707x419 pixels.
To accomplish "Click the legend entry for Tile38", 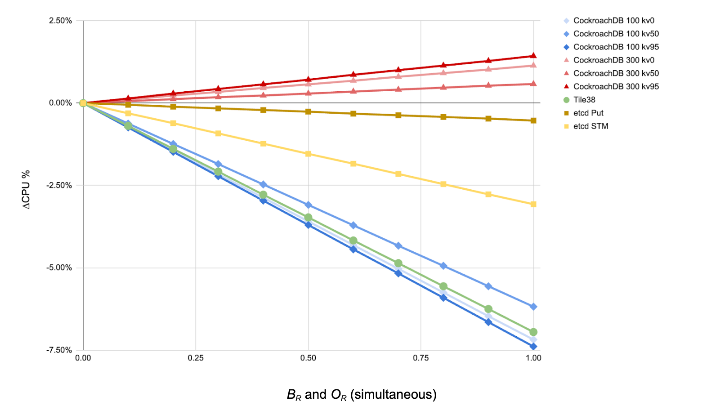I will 584,100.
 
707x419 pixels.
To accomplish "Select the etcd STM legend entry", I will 590,126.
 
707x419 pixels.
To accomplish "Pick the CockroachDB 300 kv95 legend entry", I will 616,86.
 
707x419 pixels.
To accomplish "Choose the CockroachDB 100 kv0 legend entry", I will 613,21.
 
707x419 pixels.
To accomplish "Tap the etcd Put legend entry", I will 588,113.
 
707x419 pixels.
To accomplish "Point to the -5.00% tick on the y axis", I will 59,268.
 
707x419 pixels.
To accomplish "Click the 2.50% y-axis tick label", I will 60,21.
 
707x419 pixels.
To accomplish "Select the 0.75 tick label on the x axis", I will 421,358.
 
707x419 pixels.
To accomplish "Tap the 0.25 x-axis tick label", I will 196,358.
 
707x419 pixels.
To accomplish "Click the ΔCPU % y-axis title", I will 27,189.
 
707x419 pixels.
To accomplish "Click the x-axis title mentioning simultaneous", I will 362,395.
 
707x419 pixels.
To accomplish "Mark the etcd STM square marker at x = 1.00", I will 533,204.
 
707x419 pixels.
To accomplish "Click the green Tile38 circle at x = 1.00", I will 533,332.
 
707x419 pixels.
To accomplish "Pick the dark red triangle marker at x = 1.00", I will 533,56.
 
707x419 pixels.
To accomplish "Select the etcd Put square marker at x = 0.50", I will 308,111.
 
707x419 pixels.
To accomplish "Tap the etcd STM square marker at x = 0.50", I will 308,154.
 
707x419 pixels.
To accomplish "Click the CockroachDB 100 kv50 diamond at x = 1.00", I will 533,307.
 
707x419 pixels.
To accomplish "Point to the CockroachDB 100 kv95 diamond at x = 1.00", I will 533,347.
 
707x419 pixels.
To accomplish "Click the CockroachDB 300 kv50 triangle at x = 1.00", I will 533,84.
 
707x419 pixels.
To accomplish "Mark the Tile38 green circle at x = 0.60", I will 353,241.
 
